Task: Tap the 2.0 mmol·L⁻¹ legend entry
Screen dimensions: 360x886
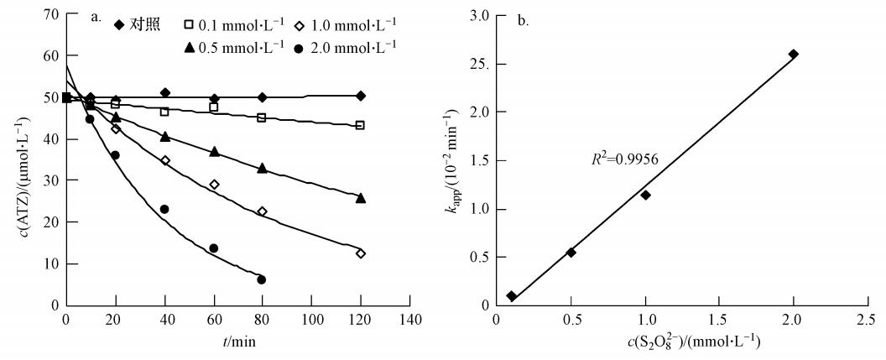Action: pos(349,47)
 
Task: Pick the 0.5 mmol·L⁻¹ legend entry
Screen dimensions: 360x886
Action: pos(234,47)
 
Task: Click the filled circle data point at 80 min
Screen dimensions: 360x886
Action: pos(263,279)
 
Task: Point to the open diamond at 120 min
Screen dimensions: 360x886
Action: pos(361,253)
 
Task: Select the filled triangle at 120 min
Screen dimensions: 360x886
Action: pos(361,198)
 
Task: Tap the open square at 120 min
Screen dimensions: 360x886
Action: pos(361,125)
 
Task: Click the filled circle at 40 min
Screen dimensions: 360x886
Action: pos(164,209)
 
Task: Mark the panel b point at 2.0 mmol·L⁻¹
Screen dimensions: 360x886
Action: pos(794,54)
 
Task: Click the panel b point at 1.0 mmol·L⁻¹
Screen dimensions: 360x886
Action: pos(645,195)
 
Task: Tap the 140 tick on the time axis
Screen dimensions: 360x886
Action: pos(409,320)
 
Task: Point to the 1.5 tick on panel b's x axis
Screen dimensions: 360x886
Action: pos(719,320)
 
